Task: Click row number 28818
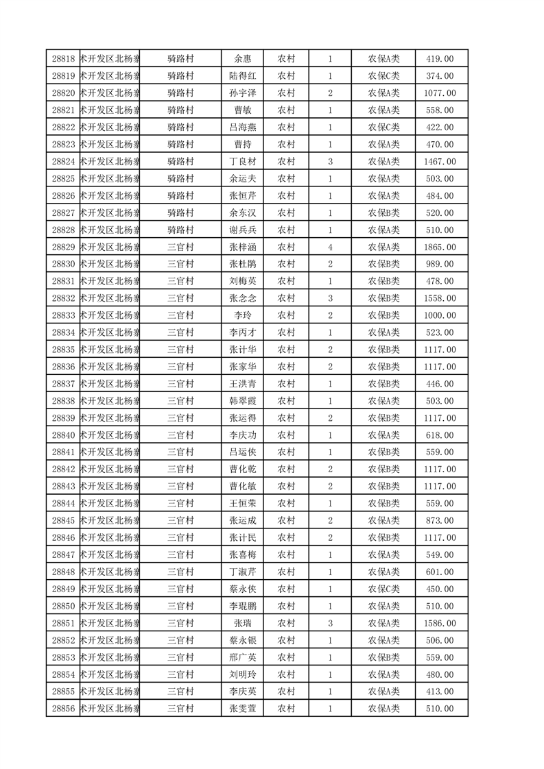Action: (x=63, y=59)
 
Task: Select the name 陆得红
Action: (x=243, y=76)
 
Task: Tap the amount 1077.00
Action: (x=440, y=93)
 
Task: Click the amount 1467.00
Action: (x=440, y=162)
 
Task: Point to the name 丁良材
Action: (x=243, y=162)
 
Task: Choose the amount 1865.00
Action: (x=440, y=247)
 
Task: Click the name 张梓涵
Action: (x=243, y=247)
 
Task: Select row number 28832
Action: (x=63, y=298)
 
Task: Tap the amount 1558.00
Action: (x=440, y=298)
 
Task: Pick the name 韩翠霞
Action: (x=243, y=401)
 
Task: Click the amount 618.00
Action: (x=440, y=435)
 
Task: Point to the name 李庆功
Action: (x=243, y=435)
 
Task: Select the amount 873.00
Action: (x=440, y=520)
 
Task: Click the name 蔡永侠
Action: (x=243, y=589)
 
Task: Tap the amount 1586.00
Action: (x=440, y=623)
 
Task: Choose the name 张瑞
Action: (x=243, y=623)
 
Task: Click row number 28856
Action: (x=63, y=709)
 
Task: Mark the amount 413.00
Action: (x=440, y=692)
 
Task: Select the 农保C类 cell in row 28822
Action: (x=384, y=127)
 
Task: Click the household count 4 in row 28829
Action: (x=330, y=247)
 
